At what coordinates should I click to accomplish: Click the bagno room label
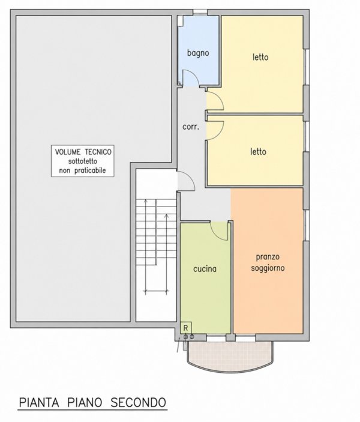tap(198, 53)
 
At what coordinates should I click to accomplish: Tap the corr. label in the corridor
tap(191, 127)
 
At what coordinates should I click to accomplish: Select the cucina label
tap(205, 269)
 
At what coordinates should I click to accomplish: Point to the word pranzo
tap(268, 258)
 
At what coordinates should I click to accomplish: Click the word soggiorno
tap(268, 268)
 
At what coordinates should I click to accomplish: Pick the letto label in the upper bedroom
tap(260, 57)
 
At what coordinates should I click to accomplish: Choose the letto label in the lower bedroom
tap(258, 151)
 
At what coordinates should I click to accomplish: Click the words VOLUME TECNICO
tap(83, 152)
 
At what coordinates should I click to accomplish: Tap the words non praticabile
tap(82, 170)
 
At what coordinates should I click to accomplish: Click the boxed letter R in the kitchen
tap(185, 328)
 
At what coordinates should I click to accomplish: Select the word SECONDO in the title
tap(138, 403)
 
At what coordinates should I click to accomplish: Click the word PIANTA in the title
tap(39, 403)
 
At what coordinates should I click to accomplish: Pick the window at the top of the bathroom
tap(200, 12)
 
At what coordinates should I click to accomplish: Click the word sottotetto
tap(82, 161)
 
